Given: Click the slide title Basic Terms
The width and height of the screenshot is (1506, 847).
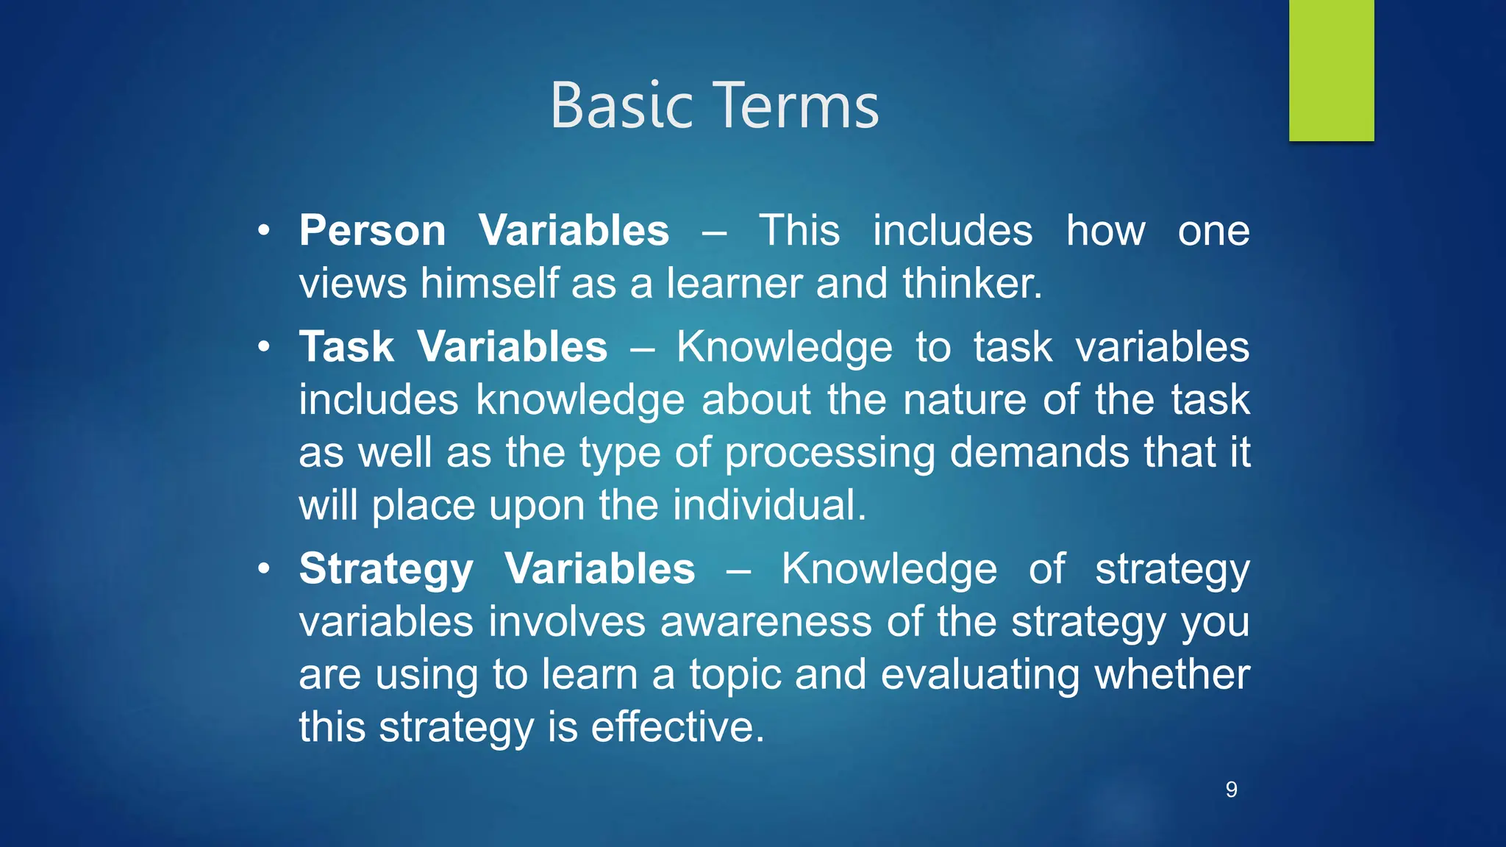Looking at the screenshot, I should tap(714, 107).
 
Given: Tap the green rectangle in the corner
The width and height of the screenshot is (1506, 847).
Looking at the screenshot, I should tap(1331, 70).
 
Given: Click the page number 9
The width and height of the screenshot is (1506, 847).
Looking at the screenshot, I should tap(1231, 790).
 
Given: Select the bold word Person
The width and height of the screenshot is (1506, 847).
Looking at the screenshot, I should tap(372, 231).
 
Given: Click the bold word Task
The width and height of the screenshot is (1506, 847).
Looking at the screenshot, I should tap(346, 347).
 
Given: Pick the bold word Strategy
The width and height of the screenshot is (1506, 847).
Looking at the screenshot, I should tap(386, 570).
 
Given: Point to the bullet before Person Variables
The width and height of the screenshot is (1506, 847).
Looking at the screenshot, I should tap(264, 232).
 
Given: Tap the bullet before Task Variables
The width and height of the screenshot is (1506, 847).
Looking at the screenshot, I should tap(264, 347).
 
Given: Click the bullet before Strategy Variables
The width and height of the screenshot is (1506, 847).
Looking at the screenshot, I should tap(264, 569).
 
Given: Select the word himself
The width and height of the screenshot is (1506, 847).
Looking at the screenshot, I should tap(489, 284).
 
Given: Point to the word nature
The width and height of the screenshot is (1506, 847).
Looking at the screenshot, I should tap(964, 400).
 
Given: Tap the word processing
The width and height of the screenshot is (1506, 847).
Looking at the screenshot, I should tap(829, 454).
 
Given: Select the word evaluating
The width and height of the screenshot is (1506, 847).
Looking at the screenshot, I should tap(980, 676).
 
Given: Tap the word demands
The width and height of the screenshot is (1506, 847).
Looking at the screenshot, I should tap(1039, 452).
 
